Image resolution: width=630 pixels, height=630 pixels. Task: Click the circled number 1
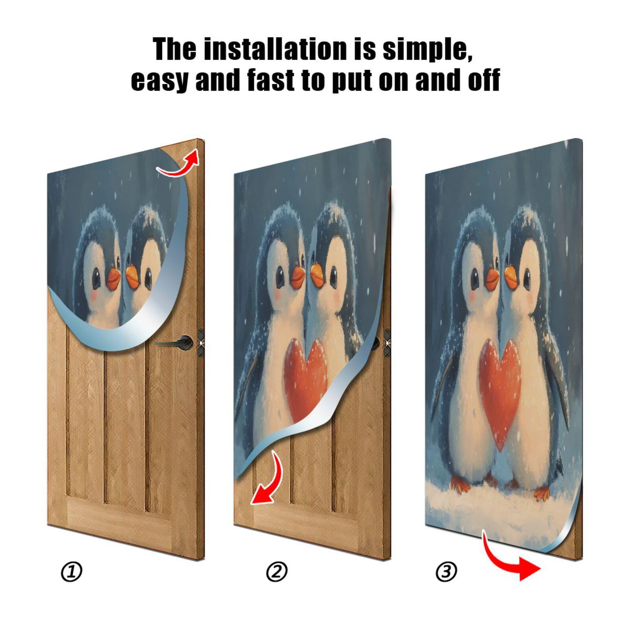(x=72, y=572)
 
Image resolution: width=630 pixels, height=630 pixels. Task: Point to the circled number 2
(x=277, y=572)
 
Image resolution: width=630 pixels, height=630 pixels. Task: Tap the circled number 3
(x=446, y=572)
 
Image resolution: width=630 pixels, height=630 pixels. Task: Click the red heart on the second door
(x=305, y=370)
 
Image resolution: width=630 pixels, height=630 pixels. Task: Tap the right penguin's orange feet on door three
(x=541, y=493)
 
